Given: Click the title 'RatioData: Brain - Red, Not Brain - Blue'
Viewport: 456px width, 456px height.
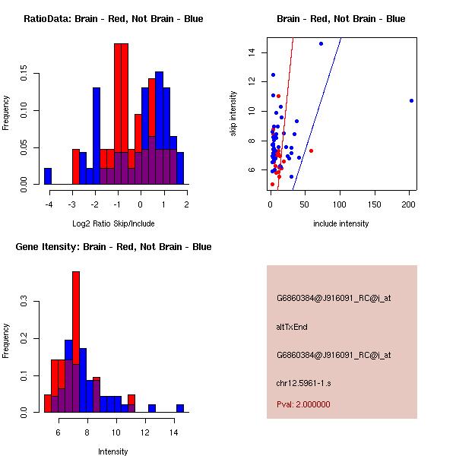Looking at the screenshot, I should point(113,18).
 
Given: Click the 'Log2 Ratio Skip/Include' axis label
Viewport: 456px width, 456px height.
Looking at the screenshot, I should point(113,223).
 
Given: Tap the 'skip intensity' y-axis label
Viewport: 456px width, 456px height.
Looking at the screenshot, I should point(234,114).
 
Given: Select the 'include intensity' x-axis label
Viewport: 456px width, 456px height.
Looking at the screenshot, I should point(341,223).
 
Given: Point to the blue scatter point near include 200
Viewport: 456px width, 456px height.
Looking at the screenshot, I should point(411,100).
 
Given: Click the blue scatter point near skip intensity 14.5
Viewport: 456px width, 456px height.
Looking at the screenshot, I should point(321,44).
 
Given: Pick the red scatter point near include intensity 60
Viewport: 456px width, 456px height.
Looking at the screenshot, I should point(311,150).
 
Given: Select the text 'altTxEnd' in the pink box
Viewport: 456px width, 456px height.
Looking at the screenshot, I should point(292,327).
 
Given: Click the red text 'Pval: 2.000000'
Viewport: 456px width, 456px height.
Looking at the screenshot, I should point(303,404).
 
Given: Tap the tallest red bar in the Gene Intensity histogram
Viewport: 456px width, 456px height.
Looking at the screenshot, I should point(76,319).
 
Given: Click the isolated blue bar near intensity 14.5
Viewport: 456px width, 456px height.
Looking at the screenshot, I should point(180,408).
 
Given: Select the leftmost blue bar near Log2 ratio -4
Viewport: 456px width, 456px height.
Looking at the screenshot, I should point(47,176).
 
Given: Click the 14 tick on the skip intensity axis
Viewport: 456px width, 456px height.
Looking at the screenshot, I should point(259,52).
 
